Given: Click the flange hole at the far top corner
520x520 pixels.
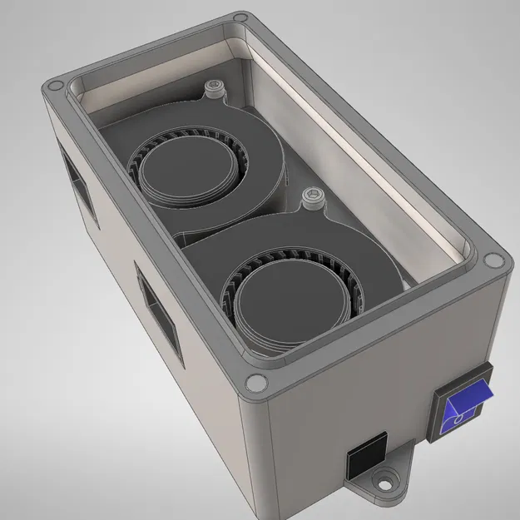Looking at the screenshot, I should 241,17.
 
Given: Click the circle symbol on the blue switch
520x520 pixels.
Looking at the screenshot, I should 458,423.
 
